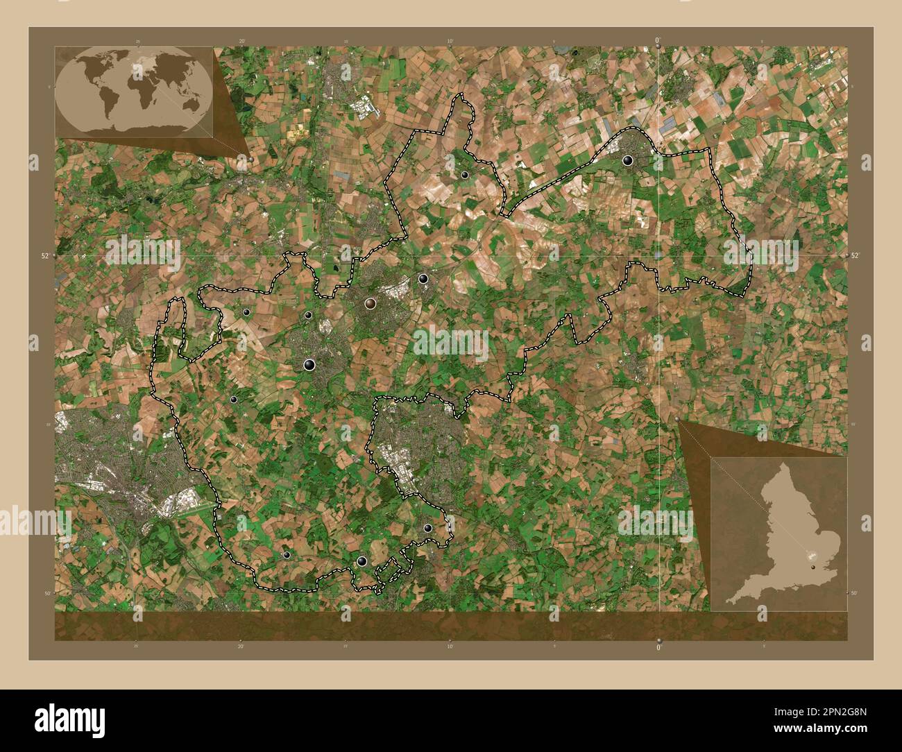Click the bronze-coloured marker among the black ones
[x=371, y=303]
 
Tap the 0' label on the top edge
[x=658, y=41]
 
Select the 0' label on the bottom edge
[x=658, y=647]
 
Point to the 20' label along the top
[x=241, y=42]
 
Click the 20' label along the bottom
[x=241, y=647]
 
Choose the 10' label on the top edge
[x=450, y=42]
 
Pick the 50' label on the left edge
[x=48, y=593]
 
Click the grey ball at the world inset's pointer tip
[x=250, y=157]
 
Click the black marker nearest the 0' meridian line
[x=628, y=161]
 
